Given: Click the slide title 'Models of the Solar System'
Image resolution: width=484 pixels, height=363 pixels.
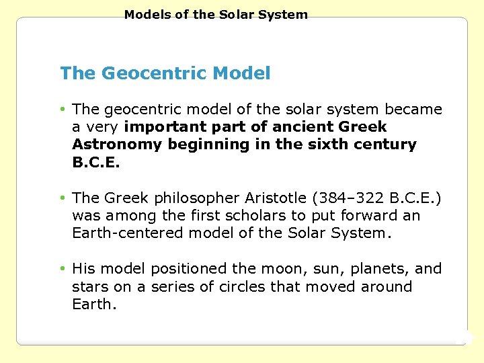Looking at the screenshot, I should (216, 14).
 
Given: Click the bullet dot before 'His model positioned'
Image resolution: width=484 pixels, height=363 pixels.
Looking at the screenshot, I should (62, 268).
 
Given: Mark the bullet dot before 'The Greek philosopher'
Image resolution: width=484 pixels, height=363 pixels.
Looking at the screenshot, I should (62, 198).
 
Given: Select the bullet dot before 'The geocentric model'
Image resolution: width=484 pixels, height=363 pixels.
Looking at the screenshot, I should (62, 109).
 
